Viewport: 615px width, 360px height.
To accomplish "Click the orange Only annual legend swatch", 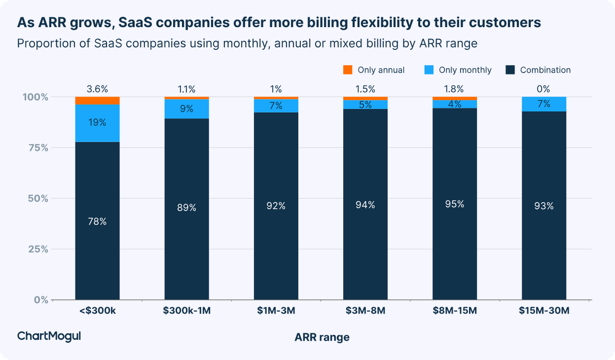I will [x=347, y=70].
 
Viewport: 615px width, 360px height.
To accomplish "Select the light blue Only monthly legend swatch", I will [x=430, y=70].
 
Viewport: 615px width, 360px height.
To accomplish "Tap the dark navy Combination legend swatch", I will [x=510, y=70].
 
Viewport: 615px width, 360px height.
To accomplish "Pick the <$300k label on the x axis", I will [x=97, y=311].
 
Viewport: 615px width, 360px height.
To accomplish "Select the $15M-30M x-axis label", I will [x=544, y=311].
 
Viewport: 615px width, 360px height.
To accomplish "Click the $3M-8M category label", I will [x=365, y=311].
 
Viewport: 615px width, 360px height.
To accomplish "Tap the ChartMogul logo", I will [x=49, y=336].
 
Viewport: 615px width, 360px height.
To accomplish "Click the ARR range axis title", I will [x=322, y=337].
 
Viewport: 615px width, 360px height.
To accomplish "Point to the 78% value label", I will [x=97, y=222].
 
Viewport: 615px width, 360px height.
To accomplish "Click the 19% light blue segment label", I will [x=97, y=123].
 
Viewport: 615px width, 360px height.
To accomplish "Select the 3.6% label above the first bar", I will [x=97, y=89].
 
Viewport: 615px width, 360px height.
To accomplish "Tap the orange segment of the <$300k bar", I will [x=97, y=101].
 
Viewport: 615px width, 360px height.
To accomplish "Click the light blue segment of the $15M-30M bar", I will [x=544, y=104].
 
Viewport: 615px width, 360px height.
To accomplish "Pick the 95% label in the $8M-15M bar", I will [x=455, y=204].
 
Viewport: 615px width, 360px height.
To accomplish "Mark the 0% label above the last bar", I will [x=544, y=89].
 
